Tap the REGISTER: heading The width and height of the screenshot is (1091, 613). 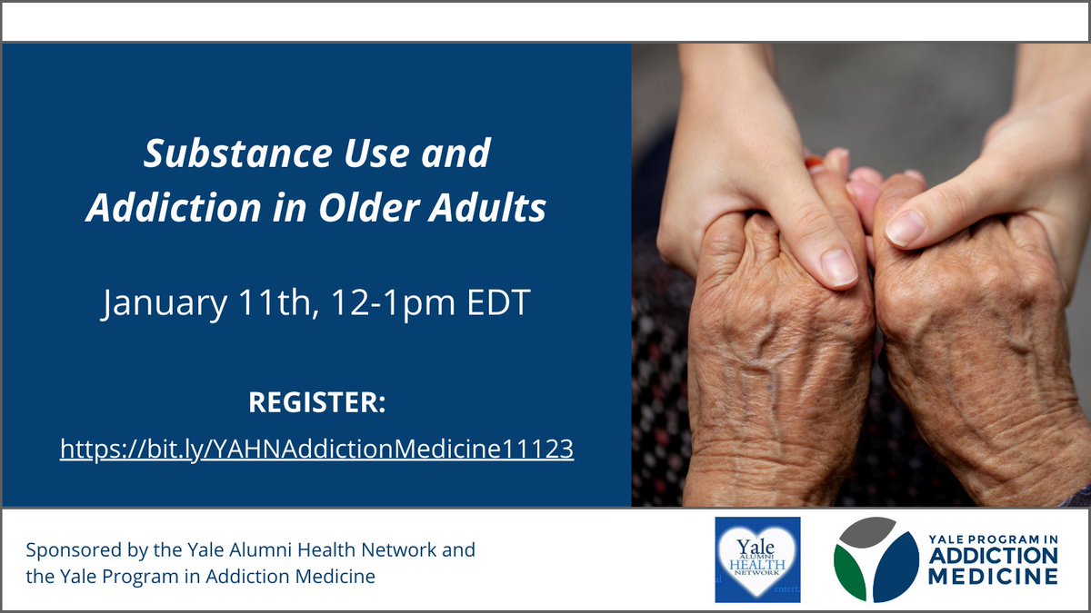(316, 402)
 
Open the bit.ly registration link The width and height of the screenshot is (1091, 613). (316, 449)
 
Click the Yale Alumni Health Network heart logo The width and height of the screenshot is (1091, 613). (757, 559)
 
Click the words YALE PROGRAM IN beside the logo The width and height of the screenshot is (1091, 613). (995, 539)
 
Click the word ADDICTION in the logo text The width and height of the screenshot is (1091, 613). (995, 556)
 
